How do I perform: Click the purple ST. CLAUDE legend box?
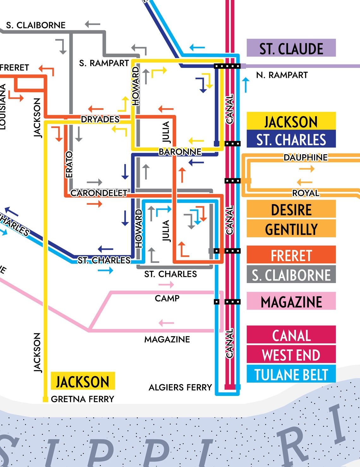coord(291,48)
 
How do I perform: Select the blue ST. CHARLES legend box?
coord(291,139)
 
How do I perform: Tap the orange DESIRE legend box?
coord(291,209)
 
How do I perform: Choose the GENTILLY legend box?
coord(291,229)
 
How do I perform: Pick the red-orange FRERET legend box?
coord(291,255)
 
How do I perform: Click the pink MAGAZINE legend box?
coord(291,301)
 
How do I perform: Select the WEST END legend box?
coord(291,355)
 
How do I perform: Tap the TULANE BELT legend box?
coord(291,374)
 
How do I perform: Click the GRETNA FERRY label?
coord(82,399)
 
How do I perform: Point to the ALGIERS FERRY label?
coord(180,387)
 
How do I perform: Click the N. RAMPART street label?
coord(282,75)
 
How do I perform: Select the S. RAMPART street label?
coord(104,63)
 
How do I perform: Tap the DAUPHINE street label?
coord(305,157)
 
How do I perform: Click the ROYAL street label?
coord(305,193)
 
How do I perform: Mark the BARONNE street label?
coord(180,152)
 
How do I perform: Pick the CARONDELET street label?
coord(99,193)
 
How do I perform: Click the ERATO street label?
coord(69,164)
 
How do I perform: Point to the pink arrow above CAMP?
coord(166,285)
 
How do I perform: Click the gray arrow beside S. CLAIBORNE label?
coord(92,24)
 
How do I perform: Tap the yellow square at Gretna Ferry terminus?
coord(45,399)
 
